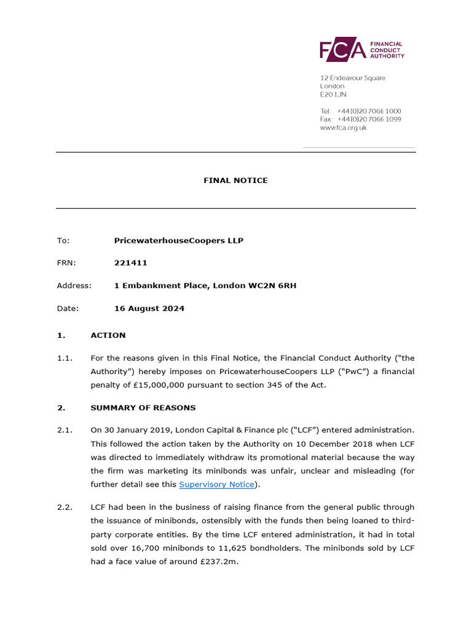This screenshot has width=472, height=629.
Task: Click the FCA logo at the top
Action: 361,50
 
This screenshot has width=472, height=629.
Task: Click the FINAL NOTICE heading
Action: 235,181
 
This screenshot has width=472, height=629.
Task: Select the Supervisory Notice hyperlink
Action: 216,485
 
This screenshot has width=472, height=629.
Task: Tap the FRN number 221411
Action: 131,263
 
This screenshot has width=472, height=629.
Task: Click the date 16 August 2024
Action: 149,308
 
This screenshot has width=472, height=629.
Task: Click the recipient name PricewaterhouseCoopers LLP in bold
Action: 178,240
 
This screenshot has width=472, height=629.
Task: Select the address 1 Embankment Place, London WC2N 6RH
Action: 205,286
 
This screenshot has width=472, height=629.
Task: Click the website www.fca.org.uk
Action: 343,128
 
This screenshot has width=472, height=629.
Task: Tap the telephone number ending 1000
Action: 369,111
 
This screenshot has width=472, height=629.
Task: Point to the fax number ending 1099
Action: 369,119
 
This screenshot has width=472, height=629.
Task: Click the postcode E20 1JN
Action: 333,95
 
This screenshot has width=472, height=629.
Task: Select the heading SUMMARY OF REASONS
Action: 143,407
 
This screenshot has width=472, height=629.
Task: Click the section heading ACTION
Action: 108,335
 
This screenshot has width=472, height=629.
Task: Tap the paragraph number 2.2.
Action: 65,507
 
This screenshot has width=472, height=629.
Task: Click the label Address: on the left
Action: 74,286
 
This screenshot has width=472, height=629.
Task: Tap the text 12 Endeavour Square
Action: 353,78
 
